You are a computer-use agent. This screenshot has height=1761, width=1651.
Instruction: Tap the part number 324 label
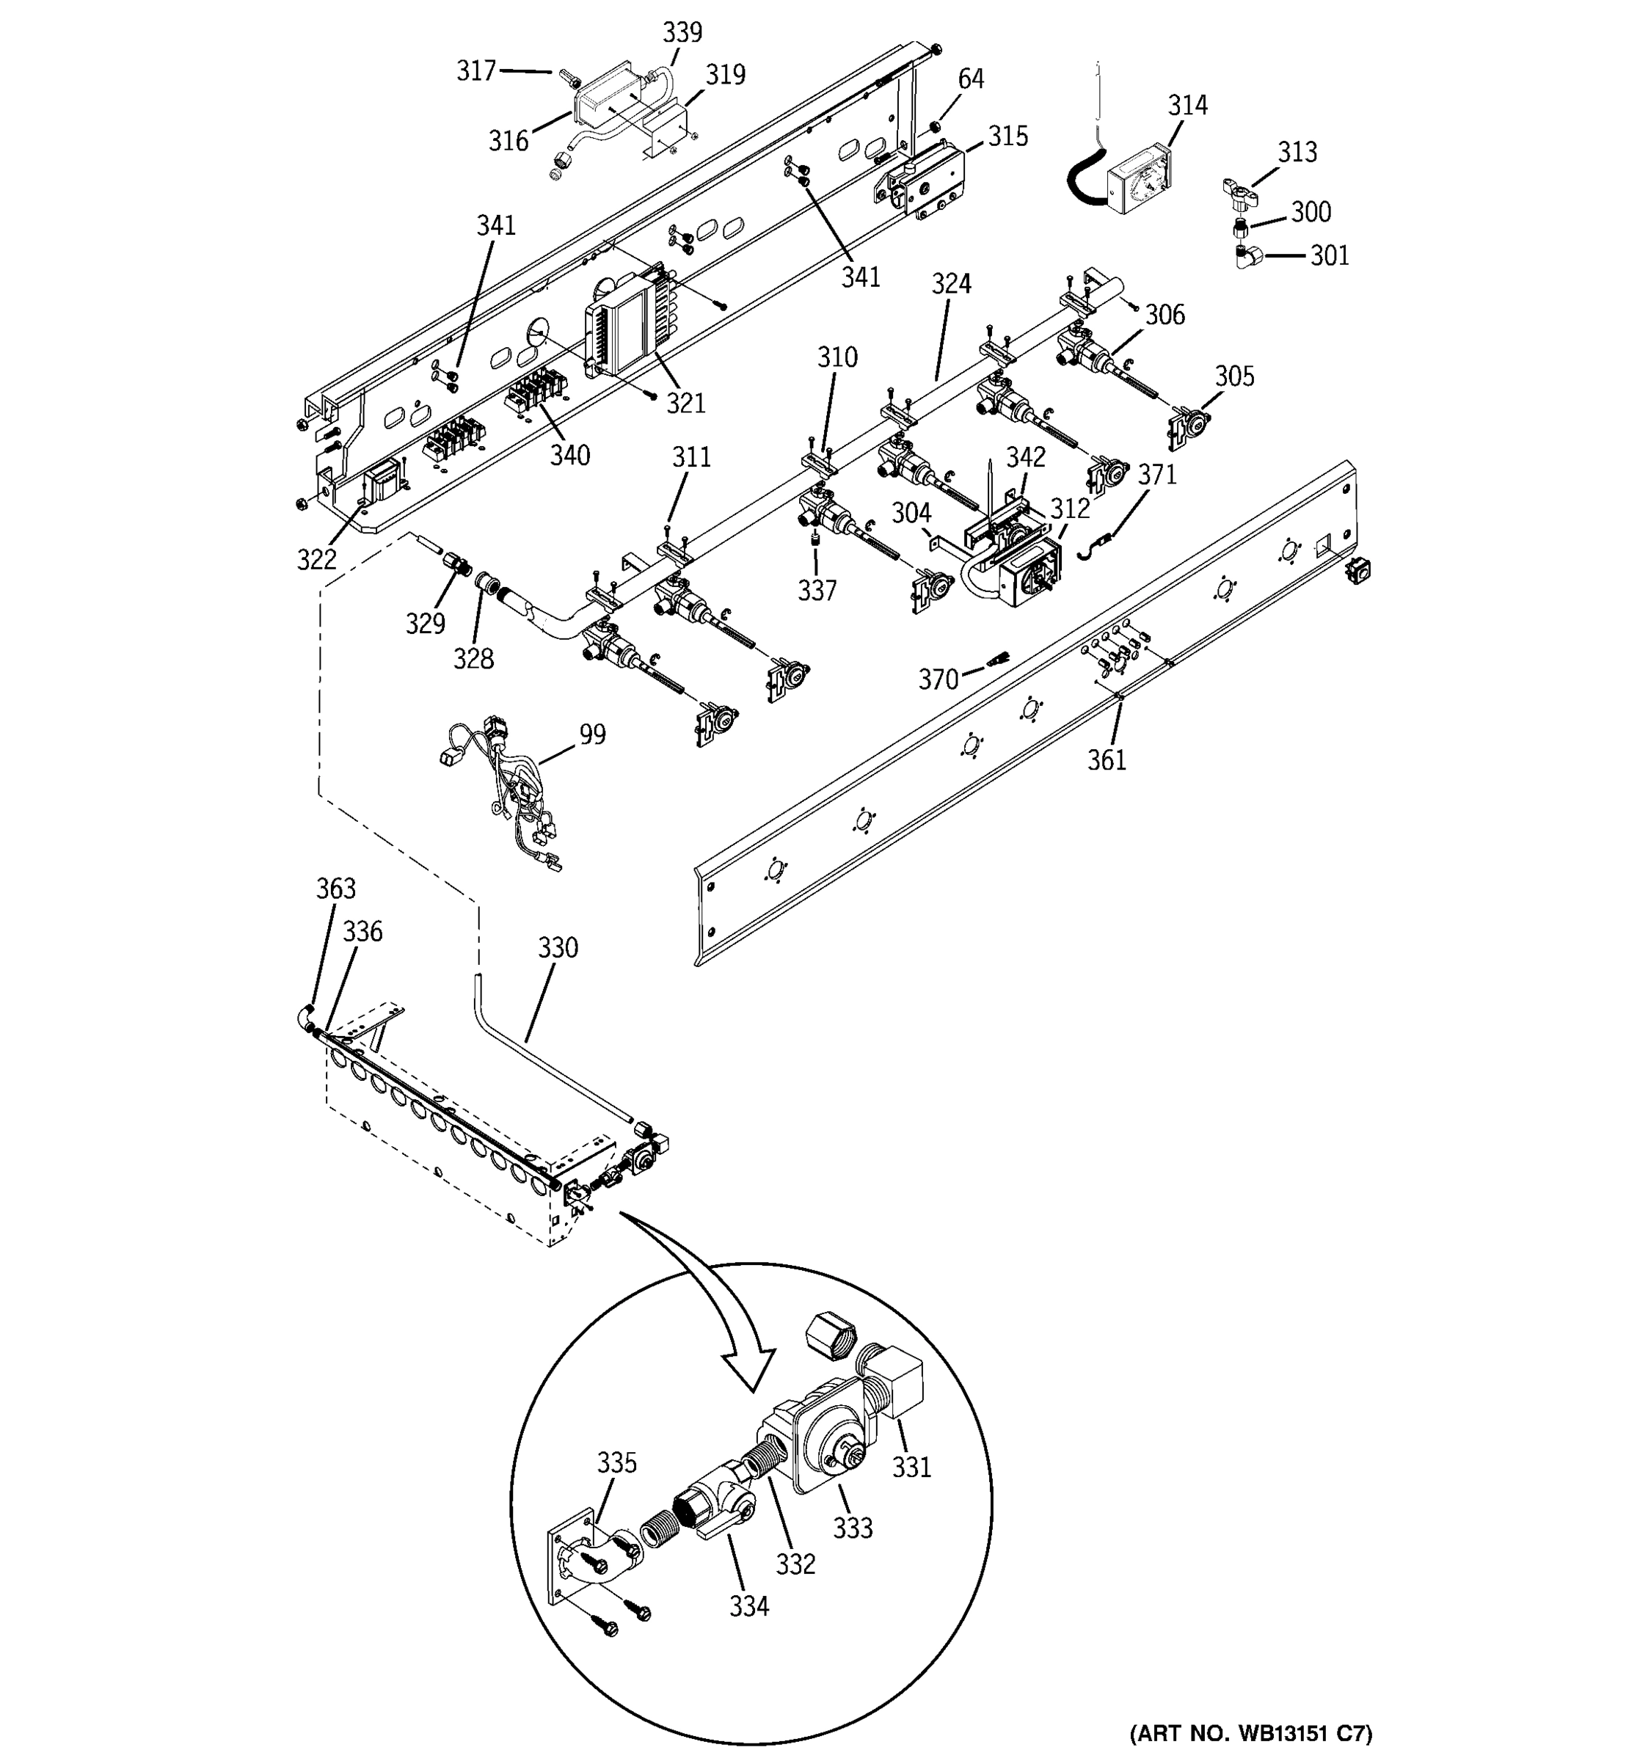point(951,283)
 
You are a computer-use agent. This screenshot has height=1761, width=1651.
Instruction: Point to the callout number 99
point(593,734)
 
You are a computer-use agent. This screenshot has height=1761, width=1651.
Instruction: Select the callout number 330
point(557,948)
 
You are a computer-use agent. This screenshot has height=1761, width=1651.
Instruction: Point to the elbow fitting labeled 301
point(1250,258)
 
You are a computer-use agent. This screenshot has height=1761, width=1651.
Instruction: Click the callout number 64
point(971,79)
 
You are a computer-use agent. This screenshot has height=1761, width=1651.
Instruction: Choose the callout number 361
point(1107,759)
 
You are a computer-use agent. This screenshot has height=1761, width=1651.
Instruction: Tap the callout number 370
point(938,679)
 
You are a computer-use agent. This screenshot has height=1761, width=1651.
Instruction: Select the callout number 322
point(316,559)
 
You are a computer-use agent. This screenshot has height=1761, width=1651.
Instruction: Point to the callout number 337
point(817,590)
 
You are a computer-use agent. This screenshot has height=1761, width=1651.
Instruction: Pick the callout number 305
point(1233,376)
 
